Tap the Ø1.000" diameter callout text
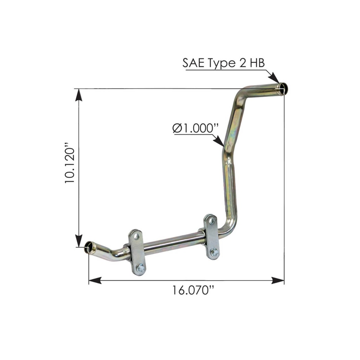(x=195, y=128)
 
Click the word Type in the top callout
(x=221, y=64)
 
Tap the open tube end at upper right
(x=283, y=89)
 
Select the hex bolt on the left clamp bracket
(x=140, y=268)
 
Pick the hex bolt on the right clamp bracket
(x=215, y=252)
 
